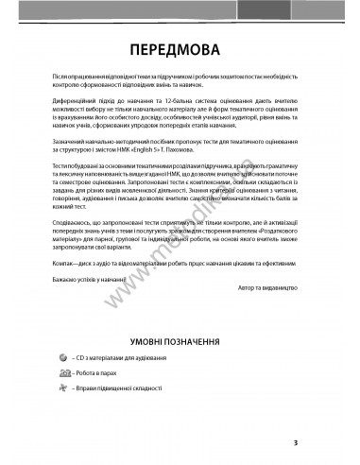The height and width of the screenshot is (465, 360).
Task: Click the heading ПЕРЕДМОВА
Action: coord(179,48)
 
